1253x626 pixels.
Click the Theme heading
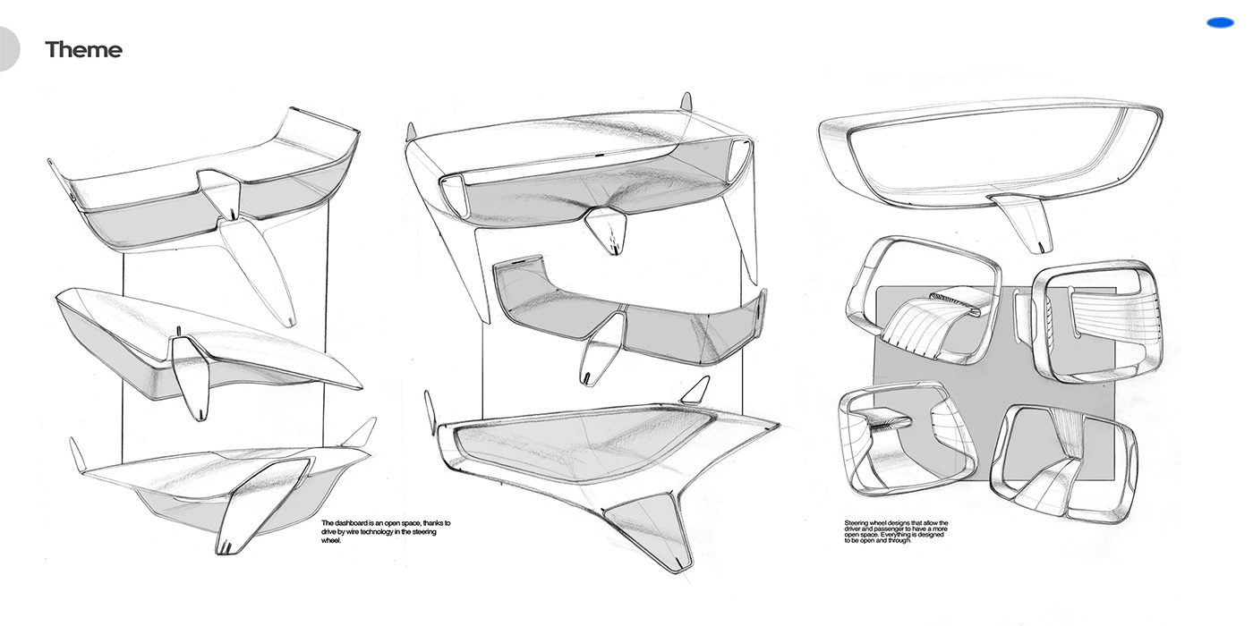[x=83, y=50]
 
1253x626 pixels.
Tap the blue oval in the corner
[x=1220, y=23]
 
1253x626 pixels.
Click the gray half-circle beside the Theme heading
[x=9, y=48]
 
